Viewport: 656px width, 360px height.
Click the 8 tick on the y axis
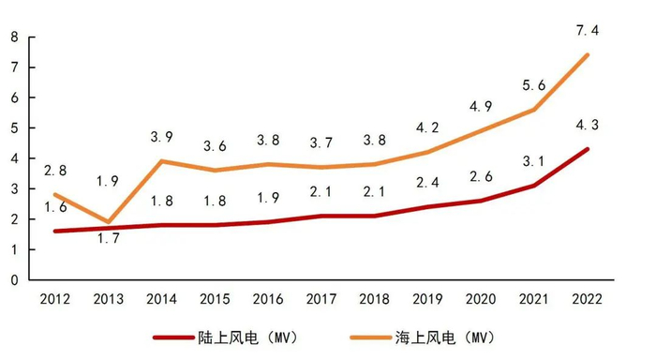[x=14, y=37]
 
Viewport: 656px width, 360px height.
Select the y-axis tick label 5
[x=14, y=128]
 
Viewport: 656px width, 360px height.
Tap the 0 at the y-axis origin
[x=14, y=280]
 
